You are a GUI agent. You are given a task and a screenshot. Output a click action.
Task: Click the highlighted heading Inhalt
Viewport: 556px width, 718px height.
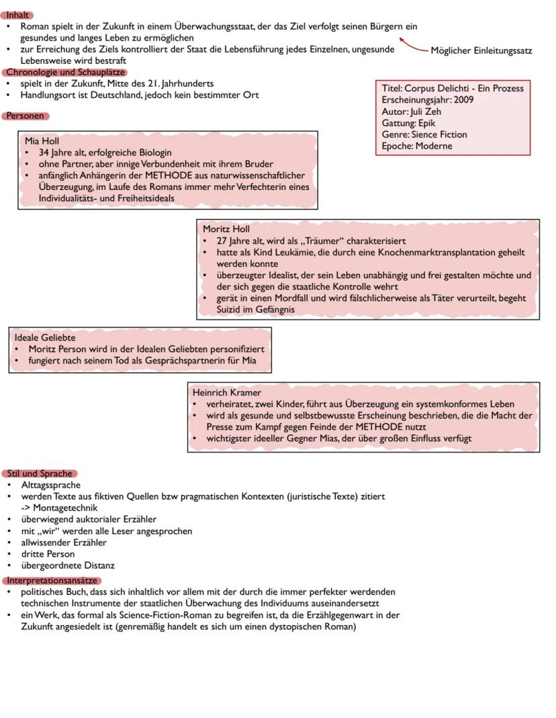pyautogui.click(x=18, y=15)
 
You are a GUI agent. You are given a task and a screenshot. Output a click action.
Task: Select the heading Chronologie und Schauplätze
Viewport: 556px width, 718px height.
pyautogui.click(x=65, y=72)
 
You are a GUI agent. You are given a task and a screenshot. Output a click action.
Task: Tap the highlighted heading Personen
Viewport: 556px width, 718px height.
pyautogui.click(x=26, y=116)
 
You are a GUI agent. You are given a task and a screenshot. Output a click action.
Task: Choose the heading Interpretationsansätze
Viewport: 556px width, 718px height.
pyautogui.click(x=52, y=580)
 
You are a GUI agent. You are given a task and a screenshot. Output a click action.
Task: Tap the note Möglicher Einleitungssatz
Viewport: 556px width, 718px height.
pyautogui.click(x=481, y=50)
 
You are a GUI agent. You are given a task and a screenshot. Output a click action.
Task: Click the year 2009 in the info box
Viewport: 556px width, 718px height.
pyautogui.click(x=463, y=100)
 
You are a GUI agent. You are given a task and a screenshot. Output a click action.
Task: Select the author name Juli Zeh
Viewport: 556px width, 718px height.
pyautogui.click(x=426, y=111)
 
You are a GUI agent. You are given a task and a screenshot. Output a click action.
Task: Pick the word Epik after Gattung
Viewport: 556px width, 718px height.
pyautogui.click(x=426, y=123)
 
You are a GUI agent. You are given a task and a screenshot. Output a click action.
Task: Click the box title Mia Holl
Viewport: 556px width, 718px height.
pyautogui.click(x=42, y=141)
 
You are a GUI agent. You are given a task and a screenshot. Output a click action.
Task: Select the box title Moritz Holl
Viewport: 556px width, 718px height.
pyautogui.click(x=226, y=229)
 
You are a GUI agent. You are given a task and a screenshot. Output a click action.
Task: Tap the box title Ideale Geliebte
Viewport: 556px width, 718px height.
pyautogui.click(x=45, y=338)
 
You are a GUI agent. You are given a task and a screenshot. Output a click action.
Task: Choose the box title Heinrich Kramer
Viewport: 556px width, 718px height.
pyautogui.click(x=226, y=392)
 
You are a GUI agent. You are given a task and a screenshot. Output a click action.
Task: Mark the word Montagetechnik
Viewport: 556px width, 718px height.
pyautogui.click(x=66, y=508)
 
